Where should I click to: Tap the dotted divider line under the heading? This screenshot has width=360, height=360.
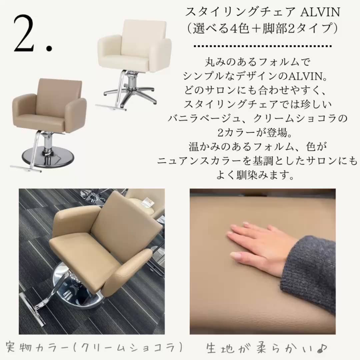coord(263,46)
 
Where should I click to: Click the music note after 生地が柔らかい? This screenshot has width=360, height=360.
coord(322,348)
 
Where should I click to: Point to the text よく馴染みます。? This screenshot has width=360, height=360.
coord(255,175)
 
